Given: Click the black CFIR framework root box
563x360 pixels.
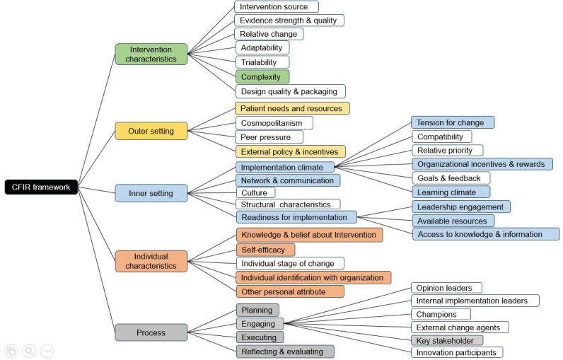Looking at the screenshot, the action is click(x=41, y=187).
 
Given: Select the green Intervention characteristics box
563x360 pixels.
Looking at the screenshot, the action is click(x=151, y=54).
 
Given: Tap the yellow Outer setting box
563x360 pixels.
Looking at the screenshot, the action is click(x=151, y=131).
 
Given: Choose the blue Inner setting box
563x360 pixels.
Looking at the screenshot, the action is click(x=151, y=193).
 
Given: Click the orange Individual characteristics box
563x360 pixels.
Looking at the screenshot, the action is click(x=151, y=261).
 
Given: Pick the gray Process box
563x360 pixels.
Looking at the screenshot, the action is click(x=151, y=332).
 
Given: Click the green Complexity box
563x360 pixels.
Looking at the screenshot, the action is click(x=262, y=77).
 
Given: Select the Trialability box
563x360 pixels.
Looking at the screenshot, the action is click(x=262, y=62).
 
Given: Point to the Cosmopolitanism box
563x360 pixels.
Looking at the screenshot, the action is click(x=274, y=123).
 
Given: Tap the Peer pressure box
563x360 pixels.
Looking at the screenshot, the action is click(x=269, y=137).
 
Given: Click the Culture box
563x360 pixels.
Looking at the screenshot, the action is click(x=255, y=193).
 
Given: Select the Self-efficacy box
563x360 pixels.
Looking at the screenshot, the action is click(x=266, y=250).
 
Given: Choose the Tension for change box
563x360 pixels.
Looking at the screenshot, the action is click(x=453, y=122).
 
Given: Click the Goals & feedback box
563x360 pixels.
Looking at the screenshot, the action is click(x=451, y=178).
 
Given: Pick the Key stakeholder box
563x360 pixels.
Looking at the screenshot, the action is click(x=447, y=340).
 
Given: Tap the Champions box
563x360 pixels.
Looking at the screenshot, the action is click(x=441, y=314).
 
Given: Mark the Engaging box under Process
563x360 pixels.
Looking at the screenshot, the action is click(x=260, y=324).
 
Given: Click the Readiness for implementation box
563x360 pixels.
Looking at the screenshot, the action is click(x=296, y=217).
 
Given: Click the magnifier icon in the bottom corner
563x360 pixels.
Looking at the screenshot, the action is click(x=30, y=351).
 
